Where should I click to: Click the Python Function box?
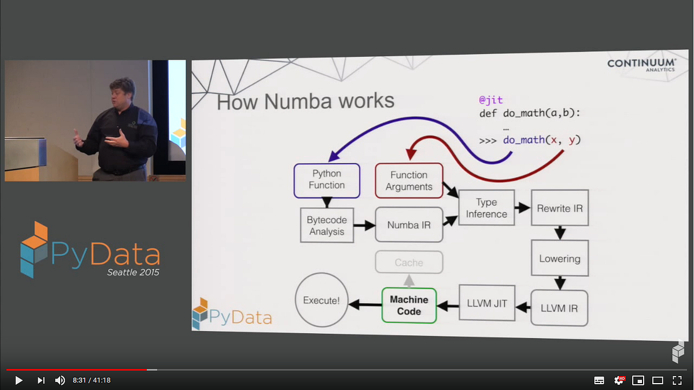click(x=327, y=180)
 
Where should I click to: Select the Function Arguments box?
click(x=409, y=181)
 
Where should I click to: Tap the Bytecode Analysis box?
click(x=326, y=226)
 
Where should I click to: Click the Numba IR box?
click(x=409, y=225)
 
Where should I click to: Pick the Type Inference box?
click(x=486, y=208)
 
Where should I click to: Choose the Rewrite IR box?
click(x=559, y=208)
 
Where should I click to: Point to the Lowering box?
click(x=559, y=259)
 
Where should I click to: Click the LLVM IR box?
click(x=559, y=308)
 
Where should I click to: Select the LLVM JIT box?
click(x=486, y=303)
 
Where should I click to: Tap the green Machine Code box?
click(x=409, y=306)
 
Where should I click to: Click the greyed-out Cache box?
click(x=409, y=263)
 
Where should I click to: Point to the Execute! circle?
click(x=322, y=300)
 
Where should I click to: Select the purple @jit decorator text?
click(x=491, y=100)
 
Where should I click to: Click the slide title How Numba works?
click(x=305, y=102)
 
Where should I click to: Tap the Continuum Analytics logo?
click(x=641, y=65)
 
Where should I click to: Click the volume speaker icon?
click(x=60, y=380)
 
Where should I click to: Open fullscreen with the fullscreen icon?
click(x=677, y=380)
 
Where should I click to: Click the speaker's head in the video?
click(x=123, y=91)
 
